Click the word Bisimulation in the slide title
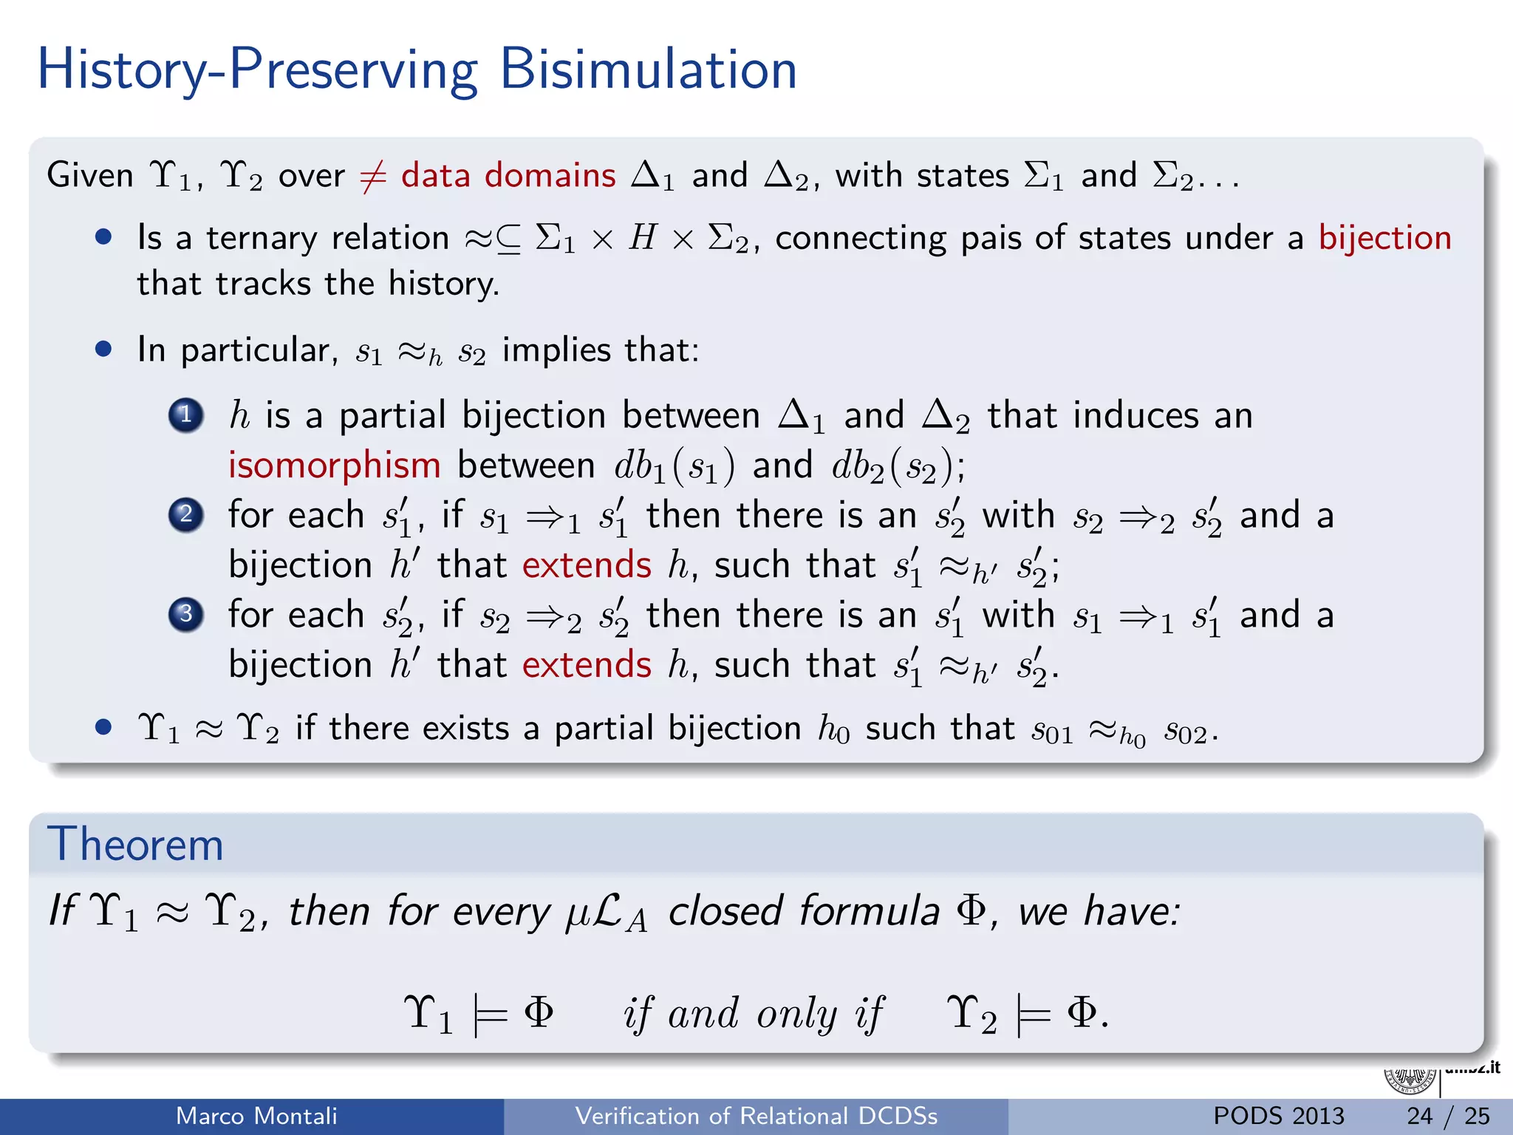point(648,69)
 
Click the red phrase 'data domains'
point(508,176)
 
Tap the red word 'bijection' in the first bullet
point(1385,239)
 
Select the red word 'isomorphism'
point(334,466)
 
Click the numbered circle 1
point(186,415)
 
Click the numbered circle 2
point(186,515)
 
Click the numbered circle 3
point(186,614)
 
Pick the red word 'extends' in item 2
point(587,565)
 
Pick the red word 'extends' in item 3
point(587,665)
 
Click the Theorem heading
point(135,844)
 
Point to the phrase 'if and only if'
point(754,1013)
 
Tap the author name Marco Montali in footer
point(256,1116)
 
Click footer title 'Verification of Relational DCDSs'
point(756,1116)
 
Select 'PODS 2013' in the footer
point(1279,1116)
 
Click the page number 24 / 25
point(1448,1116)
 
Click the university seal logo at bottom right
point(1410,1080)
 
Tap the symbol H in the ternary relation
point(642,239)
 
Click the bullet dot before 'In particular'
point(103,349)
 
